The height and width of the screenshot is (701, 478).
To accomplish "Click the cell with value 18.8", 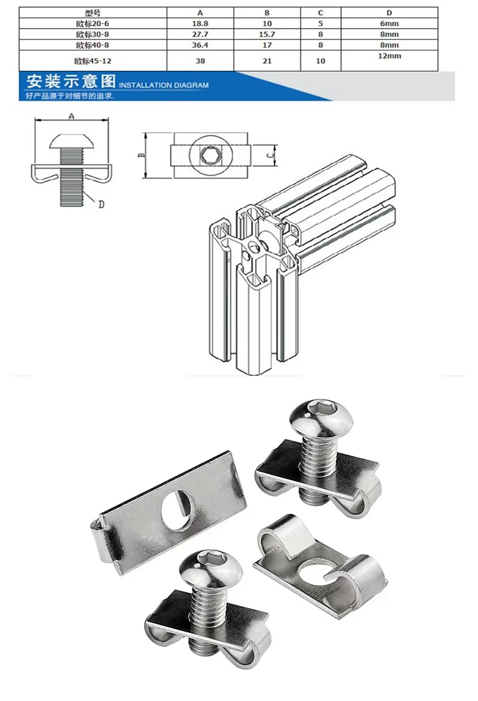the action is [x=200, y=24].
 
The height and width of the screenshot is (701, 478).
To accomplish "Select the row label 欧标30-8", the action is [x=92, y=34].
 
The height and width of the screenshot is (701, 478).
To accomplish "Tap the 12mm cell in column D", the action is [x=389, y=56].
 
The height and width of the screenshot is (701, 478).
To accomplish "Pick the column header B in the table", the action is [x=267, y=13].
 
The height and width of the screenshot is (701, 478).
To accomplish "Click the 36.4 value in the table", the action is [x=200, y=45].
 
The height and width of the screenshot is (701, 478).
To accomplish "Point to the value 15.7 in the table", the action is [x=267, y=34].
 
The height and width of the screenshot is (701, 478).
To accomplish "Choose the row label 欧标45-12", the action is [x=92, y=61].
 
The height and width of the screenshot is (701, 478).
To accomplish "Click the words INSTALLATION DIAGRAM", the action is [x=164, y=85].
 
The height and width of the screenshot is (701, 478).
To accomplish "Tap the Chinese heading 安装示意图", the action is [x=71, y=82].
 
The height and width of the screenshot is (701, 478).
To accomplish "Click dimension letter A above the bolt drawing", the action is [x=71, y=116].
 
